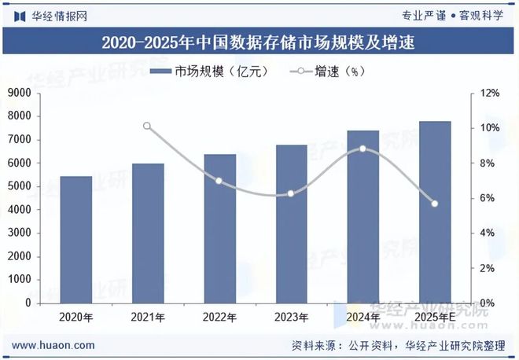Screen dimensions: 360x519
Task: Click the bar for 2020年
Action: click(75, 240)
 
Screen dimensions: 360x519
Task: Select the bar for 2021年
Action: click(147, 233)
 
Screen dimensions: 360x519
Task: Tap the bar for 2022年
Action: click(219, 229)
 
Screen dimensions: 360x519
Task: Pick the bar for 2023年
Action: click(291, 224)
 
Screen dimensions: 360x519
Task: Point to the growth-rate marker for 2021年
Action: click(147, 126)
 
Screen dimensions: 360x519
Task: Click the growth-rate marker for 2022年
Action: click(219, 181)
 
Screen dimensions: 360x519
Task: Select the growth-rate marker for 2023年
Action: click(291, 193)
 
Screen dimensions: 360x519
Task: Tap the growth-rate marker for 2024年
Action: click(363, 149)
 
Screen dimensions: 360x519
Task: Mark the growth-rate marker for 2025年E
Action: click(435, 204)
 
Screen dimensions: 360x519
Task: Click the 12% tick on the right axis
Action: click(490, 94)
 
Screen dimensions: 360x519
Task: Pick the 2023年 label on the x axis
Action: click(291, 318)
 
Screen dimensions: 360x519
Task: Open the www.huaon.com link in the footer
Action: click(54, 345)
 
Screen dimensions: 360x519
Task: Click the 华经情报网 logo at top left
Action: click(49, 15)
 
